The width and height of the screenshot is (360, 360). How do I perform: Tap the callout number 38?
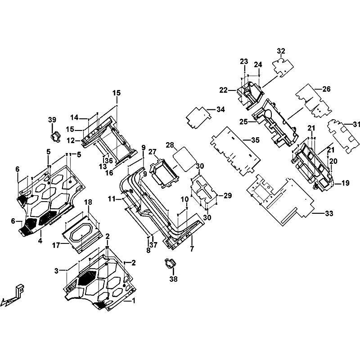coord(173,279)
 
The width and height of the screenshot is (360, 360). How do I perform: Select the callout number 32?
coord(281,51)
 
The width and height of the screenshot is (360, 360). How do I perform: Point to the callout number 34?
coord(220,109)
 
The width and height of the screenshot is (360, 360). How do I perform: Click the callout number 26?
coord(326,89)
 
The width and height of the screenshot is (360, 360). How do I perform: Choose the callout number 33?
coord(329,213)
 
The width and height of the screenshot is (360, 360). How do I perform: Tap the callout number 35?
coord(255,140)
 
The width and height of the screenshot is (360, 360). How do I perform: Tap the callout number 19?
coord(345,183)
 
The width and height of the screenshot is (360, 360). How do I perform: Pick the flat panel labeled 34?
coord(198,117)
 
